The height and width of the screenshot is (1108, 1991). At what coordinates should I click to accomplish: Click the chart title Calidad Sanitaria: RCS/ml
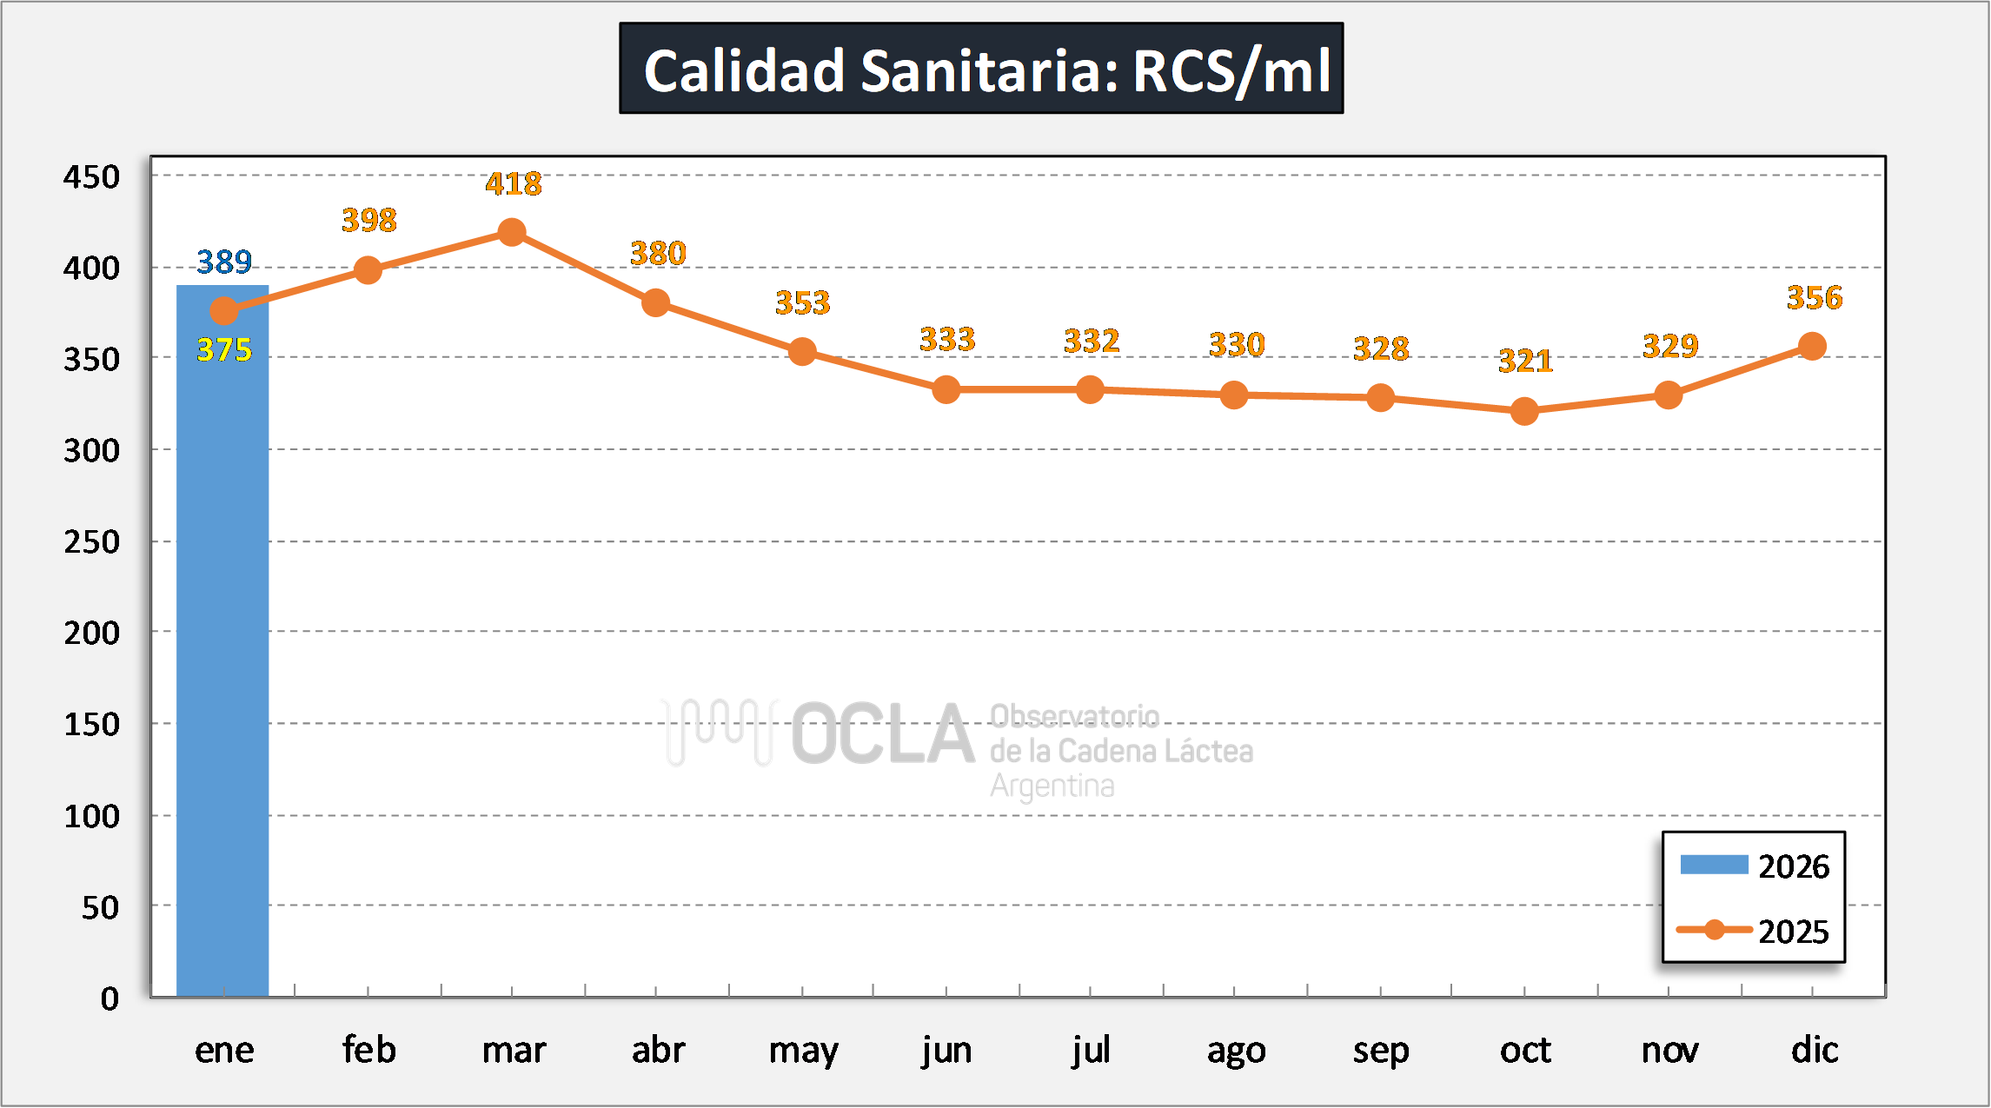pos(981,69)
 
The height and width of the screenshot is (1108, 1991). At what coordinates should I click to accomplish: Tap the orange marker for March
pos(512,232)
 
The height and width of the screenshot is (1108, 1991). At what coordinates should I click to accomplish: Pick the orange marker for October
pos(1524,411)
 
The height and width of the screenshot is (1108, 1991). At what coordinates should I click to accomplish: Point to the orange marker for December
pos(1812,346)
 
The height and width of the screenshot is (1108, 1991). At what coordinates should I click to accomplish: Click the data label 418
pos(514,183)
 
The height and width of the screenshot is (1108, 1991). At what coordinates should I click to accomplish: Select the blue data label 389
pos(224,262)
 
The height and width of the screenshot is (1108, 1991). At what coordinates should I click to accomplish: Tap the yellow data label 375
pos(224,349)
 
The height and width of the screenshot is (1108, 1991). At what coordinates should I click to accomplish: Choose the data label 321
pos(1525,360)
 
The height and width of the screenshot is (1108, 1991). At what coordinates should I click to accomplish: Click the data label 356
pos(1815,298)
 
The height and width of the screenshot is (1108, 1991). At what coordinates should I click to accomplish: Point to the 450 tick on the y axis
pos(91,176)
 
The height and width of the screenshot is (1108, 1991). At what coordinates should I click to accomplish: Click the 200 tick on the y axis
pos(91,633)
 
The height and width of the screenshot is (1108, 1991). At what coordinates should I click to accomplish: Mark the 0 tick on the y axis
pos(110,999)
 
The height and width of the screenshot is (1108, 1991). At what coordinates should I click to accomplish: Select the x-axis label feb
pos(368,1050)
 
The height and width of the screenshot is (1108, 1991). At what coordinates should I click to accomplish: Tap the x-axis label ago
pos(1236,1050)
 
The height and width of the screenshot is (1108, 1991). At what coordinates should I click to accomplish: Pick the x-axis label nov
pos(1669,1050)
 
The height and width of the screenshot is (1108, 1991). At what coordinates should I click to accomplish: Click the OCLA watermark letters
pos(882,735)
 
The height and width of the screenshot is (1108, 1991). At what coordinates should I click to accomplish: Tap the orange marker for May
pos(802,352)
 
